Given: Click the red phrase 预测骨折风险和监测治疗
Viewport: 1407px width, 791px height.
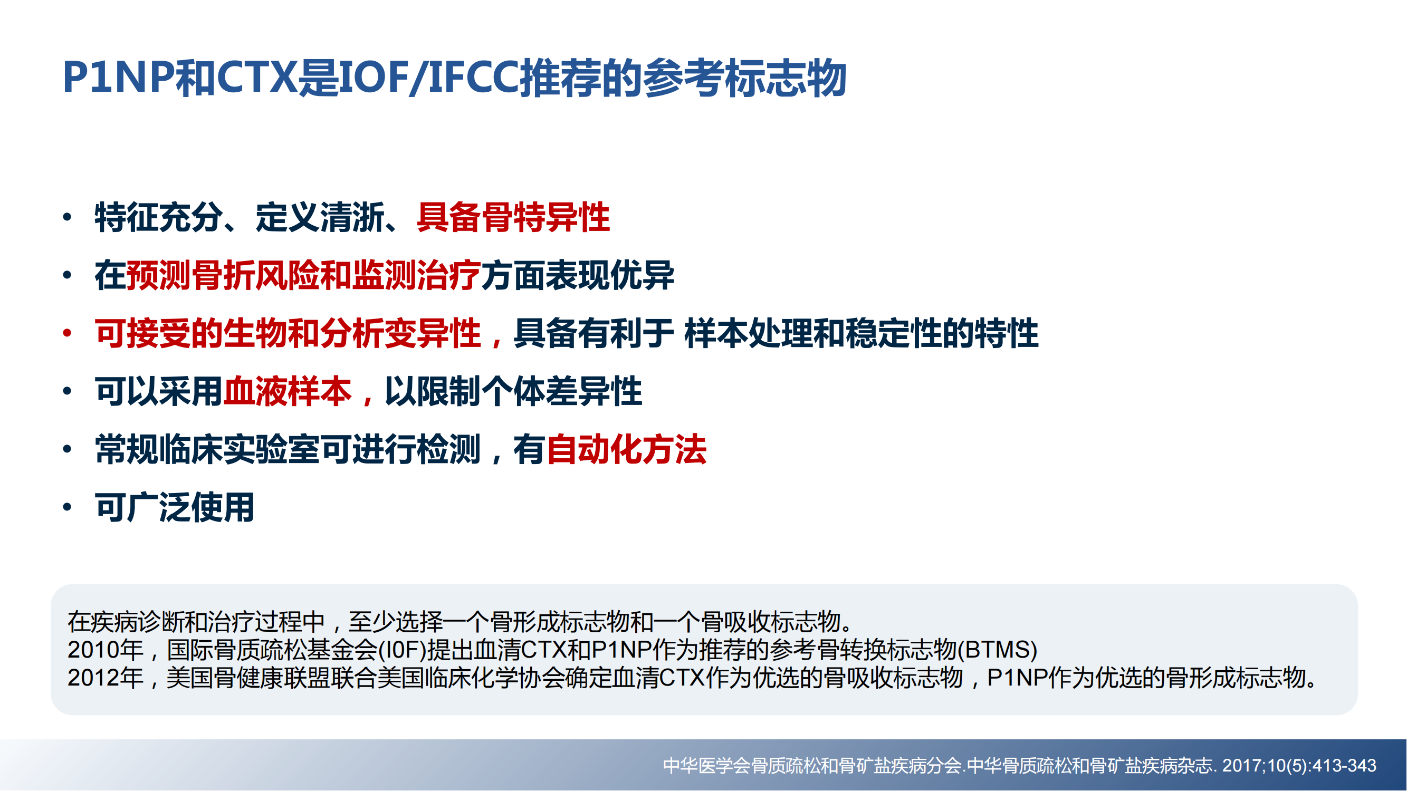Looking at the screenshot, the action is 303,275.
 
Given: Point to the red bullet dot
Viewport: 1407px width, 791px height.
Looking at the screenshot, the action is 67,333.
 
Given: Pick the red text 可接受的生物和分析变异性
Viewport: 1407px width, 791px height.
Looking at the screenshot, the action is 288,333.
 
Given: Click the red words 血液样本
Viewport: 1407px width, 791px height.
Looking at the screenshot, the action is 288,391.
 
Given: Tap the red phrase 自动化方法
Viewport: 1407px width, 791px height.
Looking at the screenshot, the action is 627,449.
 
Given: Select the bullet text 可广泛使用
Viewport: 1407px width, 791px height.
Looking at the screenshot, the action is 175,507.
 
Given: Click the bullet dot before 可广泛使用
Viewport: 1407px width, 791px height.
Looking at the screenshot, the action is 67,507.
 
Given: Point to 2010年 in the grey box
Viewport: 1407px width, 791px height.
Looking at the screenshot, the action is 106,650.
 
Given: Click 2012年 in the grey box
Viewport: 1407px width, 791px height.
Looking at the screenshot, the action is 106,678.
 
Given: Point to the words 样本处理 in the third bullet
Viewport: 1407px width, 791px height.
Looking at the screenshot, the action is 748,333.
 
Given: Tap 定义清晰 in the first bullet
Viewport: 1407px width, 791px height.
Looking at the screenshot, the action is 320,217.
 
